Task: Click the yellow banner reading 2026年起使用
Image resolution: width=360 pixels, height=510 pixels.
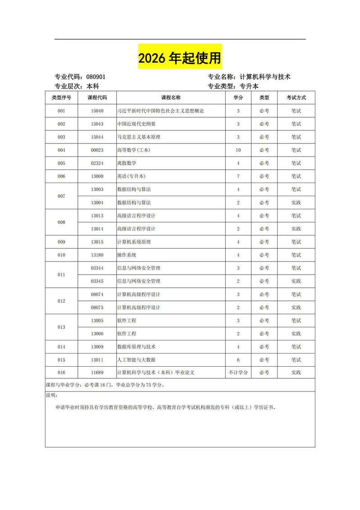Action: click(180, 57)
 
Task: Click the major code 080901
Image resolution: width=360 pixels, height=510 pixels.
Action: click(96, 77)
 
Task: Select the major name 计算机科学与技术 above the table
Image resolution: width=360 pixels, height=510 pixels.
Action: click(265, 77)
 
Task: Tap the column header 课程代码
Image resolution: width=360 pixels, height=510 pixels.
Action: click(97, 97)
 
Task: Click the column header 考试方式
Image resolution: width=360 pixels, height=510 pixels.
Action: click(296, 97)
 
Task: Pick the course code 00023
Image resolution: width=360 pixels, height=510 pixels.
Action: click(97, 150)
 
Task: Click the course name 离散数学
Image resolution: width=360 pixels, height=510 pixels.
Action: click(127, 163)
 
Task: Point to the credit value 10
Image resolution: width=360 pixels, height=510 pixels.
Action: click(238, 150)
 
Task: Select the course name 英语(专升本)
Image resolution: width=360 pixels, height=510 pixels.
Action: click(131, 176)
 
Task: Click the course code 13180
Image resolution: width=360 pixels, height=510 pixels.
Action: click(97, 255)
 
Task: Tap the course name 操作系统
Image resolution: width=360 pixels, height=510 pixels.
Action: click(127, 255)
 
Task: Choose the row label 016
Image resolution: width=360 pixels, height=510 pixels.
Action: click(61, 373)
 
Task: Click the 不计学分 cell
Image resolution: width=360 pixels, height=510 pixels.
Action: click(238, 373)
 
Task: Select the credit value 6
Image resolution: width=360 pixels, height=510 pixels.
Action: click(238, 360)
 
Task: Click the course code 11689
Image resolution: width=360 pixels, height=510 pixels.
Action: click(97, 373)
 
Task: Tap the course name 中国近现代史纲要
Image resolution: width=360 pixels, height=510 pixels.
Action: click(136, 124)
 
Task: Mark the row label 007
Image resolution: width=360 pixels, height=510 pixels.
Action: click(61, 196)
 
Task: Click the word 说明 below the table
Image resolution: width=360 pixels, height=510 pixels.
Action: click(51, 395)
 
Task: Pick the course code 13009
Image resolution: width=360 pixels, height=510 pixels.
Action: click(97, 347)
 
